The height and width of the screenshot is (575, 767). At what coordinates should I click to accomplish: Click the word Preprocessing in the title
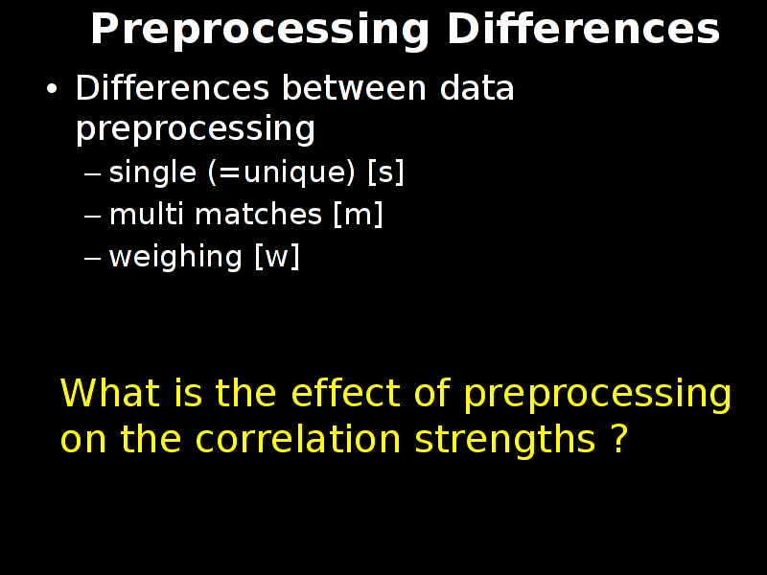(260, 31)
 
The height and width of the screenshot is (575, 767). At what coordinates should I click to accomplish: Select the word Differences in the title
(583, 29)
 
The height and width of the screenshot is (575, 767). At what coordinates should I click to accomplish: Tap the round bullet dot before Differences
(52, 89)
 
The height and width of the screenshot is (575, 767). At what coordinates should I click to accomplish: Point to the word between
(354, 88)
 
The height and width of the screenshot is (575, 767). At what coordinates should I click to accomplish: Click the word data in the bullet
(476, 88)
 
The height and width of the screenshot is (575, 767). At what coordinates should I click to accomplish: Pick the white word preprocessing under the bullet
(196, 129)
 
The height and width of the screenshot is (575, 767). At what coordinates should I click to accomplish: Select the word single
(152, 173)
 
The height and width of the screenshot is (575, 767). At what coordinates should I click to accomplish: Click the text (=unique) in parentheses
(282, 173)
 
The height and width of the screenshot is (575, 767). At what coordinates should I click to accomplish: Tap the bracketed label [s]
(386, 172)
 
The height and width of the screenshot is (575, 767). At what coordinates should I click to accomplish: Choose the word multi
(147, 214)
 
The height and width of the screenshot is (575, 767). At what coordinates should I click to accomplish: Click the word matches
(258, 214)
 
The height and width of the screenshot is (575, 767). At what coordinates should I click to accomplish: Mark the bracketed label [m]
(358, 215)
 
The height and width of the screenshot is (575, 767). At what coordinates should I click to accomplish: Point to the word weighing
(175, 257)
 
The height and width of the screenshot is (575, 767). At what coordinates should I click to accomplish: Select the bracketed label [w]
(277, 257)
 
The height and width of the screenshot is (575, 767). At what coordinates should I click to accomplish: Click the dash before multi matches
(92, 216)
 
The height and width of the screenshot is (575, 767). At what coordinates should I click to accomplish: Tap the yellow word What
(110, 392)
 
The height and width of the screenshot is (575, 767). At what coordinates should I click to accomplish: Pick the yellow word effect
(346, 392)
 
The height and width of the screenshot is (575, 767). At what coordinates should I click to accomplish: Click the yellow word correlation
(298, 438)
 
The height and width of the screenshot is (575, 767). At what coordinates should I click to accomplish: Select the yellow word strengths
(505, 439)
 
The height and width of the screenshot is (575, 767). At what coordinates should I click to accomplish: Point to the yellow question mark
(619, 438)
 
